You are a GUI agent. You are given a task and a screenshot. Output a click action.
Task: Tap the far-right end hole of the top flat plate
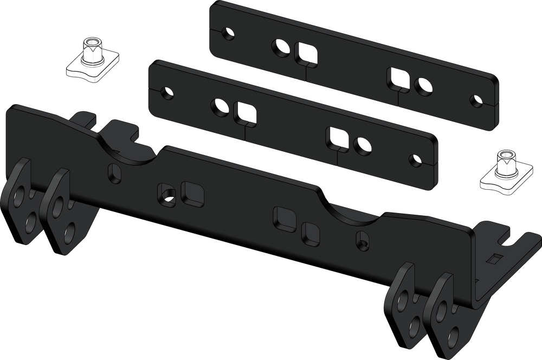point(476,101)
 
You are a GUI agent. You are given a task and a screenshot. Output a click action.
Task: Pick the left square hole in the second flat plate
point(246,113)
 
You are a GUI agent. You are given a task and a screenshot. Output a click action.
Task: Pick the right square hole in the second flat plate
point(337,139)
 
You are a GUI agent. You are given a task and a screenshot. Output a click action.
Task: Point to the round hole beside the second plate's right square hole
point(363,145)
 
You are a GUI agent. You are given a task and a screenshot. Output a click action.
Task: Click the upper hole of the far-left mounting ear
point(20,195)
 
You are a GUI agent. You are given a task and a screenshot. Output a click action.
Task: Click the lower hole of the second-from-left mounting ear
point(69,234)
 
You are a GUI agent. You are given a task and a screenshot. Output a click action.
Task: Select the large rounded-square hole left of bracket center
point(192,194)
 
